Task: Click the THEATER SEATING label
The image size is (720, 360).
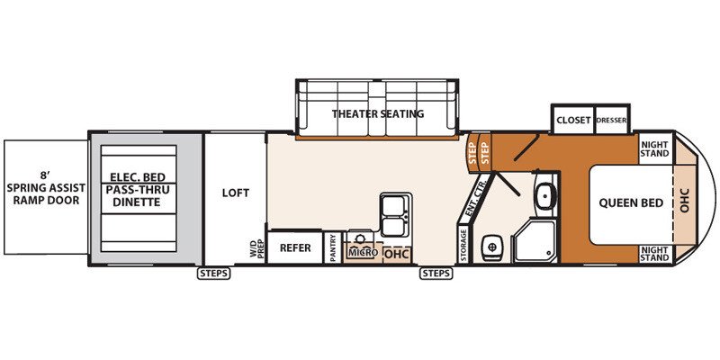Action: pyautogui.click(x=378, y=113)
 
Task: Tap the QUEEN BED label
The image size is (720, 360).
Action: pyautogui.click(x=631, y=202)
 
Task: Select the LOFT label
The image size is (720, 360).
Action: pyautogui.click(x=236, y=193)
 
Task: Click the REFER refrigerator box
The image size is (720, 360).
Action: pyautogui.click(x=295, y=247)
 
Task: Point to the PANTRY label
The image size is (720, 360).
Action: pyautogui.click(x=333, y=248)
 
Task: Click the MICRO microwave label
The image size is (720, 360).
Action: pyautogui.click(x=363, y=253)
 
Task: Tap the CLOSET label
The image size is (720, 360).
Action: pyautogui.click(x=573, y=121)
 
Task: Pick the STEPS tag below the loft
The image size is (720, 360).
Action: pyautogui.click(x=214, y=274)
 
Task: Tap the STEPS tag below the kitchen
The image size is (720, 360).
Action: pyautogui.click(x=436, y=274)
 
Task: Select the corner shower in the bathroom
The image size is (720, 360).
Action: pyautogui.click(x=535, y=241)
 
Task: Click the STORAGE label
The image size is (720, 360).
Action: pyautogui.click(x=463, y=245)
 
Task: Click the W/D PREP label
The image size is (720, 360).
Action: pyautogui.click(x=256, y=249)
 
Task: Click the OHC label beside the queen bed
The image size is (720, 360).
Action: pyautogui.click(x=685, y=202)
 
